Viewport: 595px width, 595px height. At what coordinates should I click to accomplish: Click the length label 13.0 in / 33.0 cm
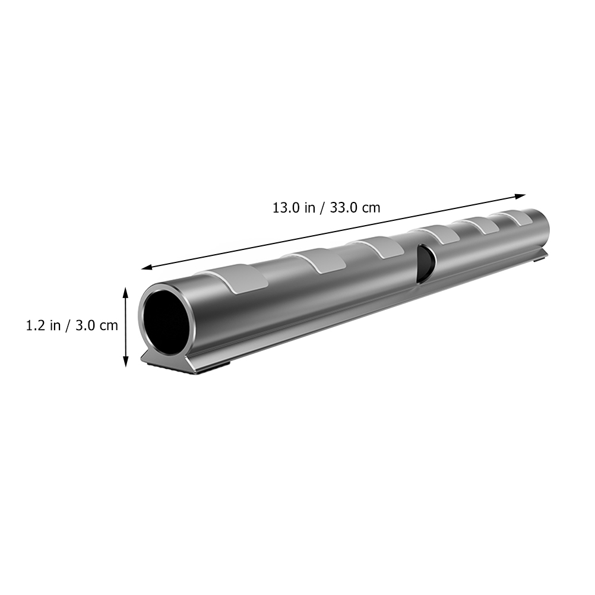click(327, 208)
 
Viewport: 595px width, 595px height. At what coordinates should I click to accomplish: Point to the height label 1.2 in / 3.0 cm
click(72, 325)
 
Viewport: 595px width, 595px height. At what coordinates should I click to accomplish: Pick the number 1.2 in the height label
click(36, 325)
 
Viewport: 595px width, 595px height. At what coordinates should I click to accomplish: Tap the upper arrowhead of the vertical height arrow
click(126, 292)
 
